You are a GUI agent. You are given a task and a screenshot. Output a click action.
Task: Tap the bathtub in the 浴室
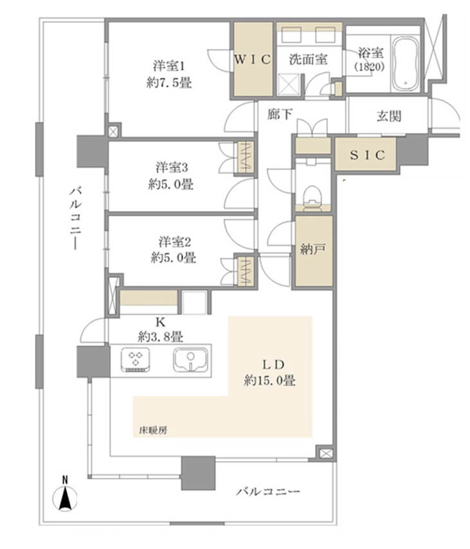[404, 63]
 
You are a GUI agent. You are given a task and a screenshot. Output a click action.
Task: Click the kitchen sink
[191, 359]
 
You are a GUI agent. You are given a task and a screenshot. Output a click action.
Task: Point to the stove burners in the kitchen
[136, 359]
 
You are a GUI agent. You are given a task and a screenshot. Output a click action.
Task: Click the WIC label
[253, 59]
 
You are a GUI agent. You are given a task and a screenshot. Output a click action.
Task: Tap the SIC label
[366, 155]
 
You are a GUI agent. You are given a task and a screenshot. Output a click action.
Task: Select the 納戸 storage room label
[313, 250]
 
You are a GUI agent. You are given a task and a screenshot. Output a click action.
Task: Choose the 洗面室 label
[309, 59]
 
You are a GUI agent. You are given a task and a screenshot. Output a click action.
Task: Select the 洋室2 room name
[173, 242]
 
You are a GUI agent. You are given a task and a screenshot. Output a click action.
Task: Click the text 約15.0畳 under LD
[269, 381]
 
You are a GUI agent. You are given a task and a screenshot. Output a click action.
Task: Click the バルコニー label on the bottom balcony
[267, 492]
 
